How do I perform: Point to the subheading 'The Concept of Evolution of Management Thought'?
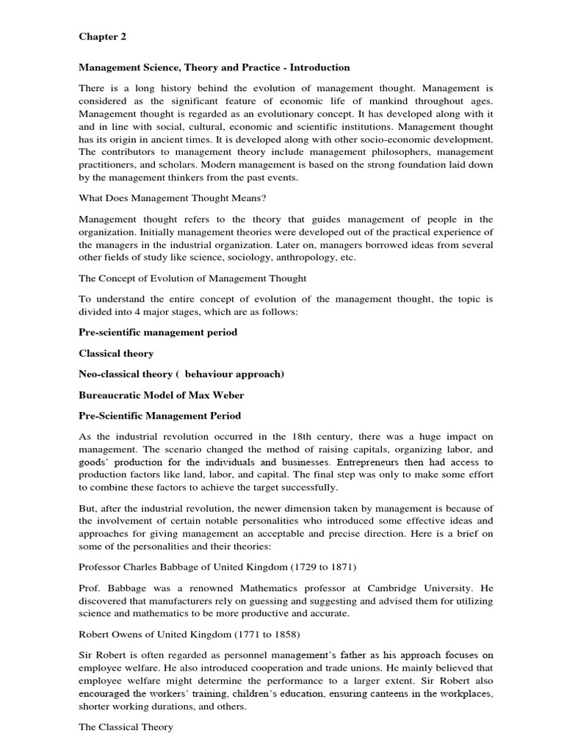[192, 278]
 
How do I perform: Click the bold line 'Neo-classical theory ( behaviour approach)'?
[181, 374]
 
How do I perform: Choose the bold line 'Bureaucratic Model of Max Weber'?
[162, 395]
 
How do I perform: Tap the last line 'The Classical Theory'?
[126, 727]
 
